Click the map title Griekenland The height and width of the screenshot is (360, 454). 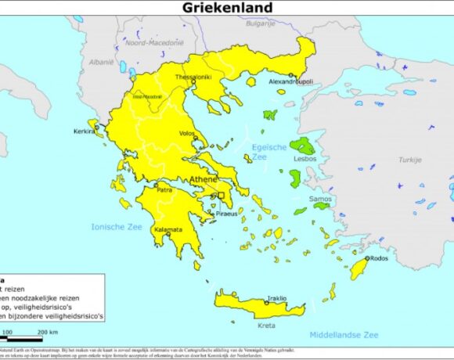coord(228,8)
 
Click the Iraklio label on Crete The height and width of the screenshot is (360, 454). coord(276,298)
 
